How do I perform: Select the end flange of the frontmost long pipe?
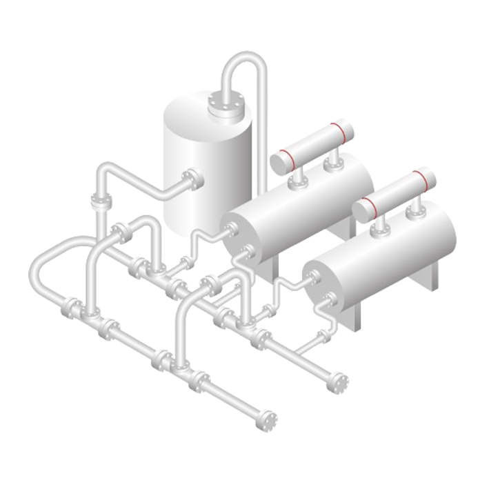266,419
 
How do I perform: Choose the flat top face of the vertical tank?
200,110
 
